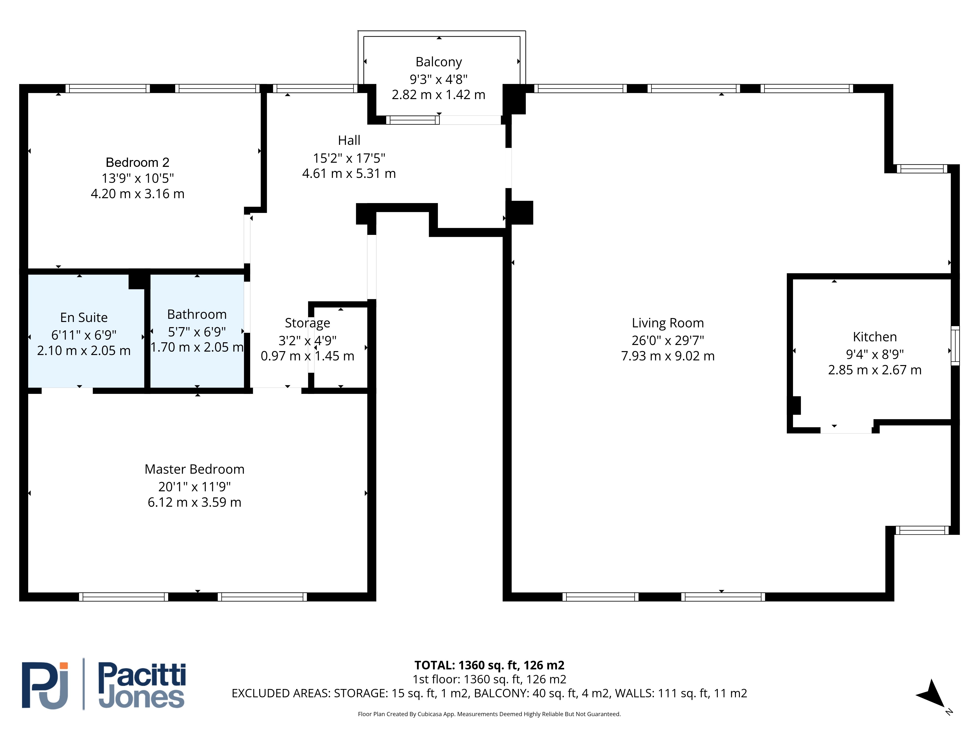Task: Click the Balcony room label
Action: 439,62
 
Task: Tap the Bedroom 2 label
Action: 138,162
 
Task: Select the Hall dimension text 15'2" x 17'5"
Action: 349,158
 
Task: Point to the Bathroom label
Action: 197,314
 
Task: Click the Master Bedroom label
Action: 194,469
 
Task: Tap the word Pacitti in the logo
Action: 142,675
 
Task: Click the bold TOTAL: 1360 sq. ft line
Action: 489,665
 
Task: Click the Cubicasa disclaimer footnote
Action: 489,714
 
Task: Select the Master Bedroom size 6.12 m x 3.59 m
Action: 194,502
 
